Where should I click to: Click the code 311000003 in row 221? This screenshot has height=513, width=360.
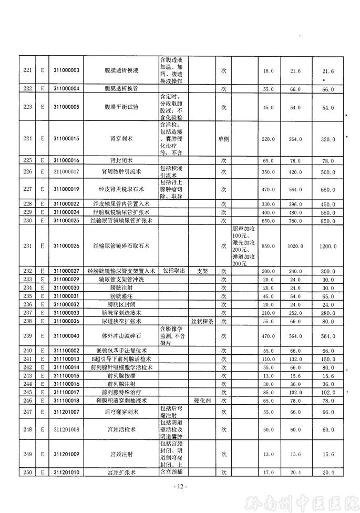[x=66, y=70]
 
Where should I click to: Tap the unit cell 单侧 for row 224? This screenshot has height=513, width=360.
[x=223, y=139]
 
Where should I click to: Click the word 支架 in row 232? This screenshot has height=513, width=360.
[x=202, y=271]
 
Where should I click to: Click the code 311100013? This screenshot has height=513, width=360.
[x=66, y=358]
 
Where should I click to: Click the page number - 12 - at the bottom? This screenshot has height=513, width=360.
[x=180, y=486]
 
